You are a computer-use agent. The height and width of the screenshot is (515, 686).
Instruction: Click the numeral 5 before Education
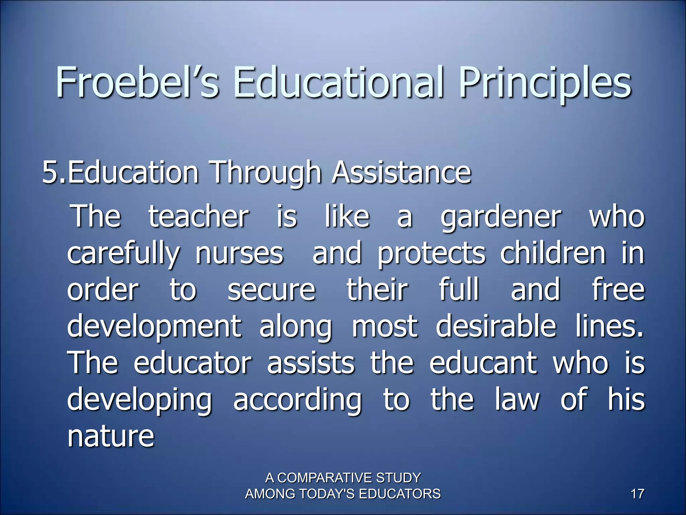pyautogui.click(x=51, y=173)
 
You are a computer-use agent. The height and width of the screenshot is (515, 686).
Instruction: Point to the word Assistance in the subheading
pyautogui.click(x=401, y=173)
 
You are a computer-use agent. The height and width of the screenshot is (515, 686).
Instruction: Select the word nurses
pyautogui.click(x=239, y=254)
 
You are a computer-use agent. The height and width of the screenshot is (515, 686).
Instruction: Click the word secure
pyautogui.click(x=271, y=290)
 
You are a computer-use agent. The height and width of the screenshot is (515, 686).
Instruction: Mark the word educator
pyautogui.click(x=192, y=363)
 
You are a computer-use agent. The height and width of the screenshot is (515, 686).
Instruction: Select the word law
pyautogui.click(x=517, y=400)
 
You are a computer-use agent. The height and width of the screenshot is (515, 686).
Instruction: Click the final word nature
pyautogui.click(x=111, y=437)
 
